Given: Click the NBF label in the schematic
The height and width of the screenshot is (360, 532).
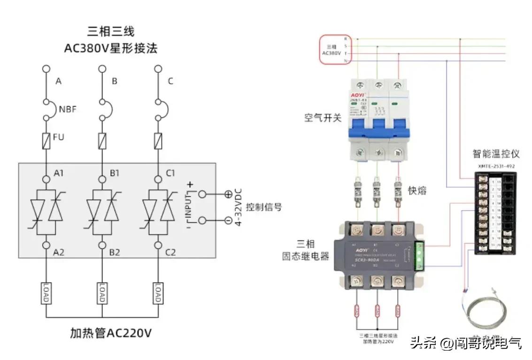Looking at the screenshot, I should [68, 110].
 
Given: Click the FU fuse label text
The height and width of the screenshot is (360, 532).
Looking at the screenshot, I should [59, 138].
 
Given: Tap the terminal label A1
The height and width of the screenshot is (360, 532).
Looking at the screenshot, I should [59, 173].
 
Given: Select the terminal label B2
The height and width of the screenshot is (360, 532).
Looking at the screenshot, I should [115, 252].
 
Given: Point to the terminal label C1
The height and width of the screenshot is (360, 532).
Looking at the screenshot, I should [170, 173].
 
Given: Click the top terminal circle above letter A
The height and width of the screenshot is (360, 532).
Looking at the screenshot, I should [46, 69].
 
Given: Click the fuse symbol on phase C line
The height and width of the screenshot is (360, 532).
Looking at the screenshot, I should [158, 140].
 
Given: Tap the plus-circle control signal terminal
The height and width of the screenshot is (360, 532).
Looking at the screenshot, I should [228, 193].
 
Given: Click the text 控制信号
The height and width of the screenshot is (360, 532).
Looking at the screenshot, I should [264, 207].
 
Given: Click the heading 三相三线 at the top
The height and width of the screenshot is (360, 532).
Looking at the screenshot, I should [111, 31].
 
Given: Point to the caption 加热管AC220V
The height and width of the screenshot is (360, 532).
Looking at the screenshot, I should [111, 333].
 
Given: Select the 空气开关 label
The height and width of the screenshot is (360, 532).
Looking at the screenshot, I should [323, 117].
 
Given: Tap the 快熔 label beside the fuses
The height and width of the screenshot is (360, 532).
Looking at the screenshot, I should [417, 191].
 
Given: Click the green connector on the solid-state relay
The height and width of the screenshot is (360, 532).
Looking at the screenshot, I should [419, 256].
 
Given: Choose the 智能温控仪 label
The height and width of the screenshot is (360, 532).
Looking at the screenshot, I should [495, 154].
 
